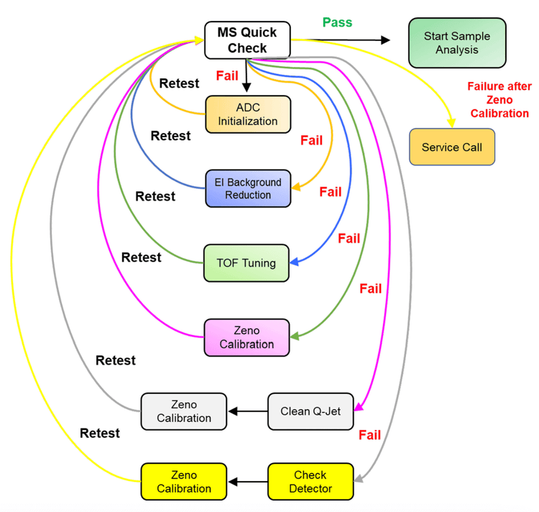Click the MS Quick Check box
[247, 40]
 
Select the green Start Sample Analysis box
[456, 43]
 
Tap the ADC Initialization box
[248, 114]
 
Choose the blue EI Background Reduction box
[248, 188]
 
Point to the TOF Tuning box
[247, 262]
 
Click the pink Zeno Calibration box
[247, 337]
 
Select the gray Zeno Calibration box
[184, 411]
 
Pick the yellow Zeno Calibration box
[184, 482]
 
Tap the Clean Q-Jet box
[310, 411]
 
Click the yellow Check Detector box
[310, 482]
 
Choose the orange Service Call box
[451, 147]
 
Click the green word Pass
[337, 22]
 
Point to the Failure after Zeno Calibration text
[499, 99]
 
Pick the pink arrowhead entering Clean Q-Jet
[359, 408]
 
